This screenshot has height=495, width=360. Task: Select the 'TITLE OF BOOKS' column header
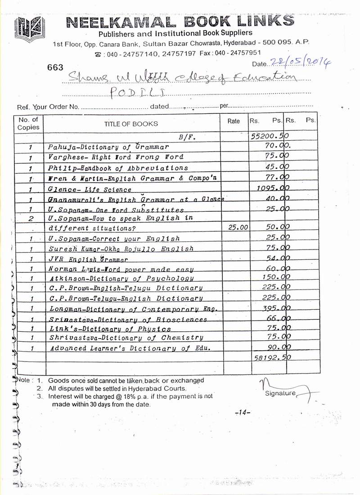pyautogui.click(x=131, y=124)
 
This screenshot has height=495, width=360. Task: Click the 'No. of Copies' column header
pyautogui.click(x=28, y=123)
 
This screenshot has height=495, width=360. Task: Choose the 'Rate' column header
pyautogui.click(x=234, y=121)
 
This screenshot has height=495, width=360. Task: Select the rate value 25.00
pyautogui.click(x=238, y=228)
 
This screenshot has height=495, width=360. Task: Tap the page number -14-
pyautogui.click(x=243, y=412)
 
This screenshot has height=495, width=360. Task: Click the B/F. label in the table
pyautogui.click(x=186, y=135)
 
